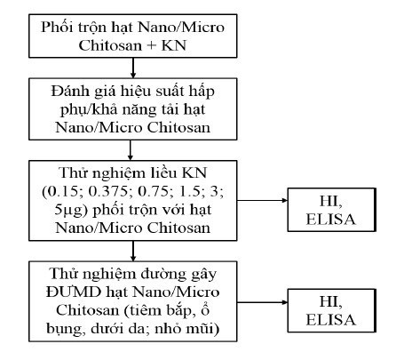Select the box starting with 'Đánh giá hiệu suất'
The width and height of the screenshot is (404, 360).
click(x=131, y=105)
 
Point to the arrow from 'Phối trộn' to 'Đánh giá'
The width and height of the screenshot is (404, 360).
click(x=131, y=66)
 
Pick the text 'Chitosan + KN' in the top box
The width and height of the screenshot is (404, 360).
click(x=131, y=44)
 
